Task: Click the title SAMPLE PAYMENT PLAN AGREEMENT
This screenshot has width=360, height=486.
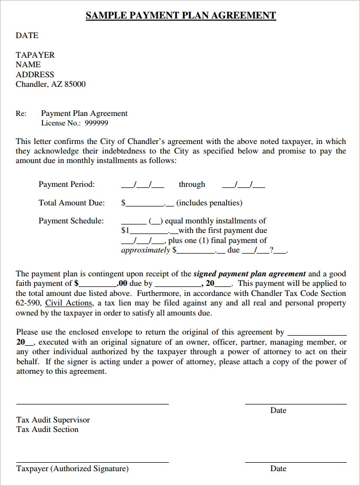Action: (181, 15)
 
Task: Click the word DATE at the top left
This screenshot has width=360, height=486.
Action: (27, 35)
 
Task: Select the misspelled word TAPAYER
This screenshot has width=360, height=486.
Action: (35, 55)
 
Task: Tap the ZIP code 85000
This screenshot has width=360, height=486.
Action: (75, 84)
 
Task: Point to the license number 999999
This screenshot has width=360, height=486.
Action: (96, 123)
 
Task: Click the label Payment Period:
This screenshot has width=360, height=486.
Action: (67, 184)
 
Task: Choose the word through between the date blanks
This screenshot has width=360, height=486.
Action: (192, 184)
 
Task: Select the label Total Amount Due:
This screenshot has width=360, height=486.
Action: (71, 203)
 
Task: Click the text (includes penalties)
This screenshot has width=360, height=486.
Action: (209, 203)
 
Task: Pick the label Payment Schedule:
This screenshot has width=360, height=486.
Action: (71, 221)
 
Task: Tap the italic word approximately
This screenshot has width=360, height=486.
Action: (146, 250)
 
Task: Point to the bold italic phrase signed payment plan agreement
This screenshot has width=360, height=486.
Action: (249, 274)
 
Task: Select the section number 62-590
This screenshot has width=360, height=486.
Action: (28, 303)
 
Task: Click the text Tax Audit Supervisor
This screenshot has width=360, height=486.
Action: (53, 420)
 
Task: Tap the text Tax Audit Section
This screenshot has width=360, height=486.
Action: (47, 429)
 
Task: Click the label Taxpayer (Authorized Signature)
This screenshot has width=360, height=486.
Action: (72, 469)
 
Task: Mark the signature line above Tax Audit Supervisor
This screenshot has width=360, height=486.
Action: (92, 404)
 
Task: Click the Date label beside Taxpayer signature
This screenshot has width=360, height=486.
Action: (278, 469)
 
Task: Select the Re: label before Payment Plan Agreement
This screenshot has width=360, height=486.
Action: (21, 113)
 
